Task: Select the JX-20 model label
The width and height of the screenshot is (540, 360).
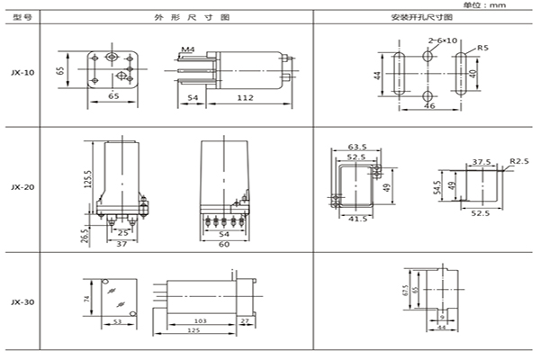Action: (x=23, y=187)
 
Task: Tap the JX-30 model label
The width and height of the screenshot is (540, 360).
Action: (x=23, y=302)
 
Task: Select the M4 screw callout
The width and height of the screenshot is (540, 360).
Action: (x=186, y=47)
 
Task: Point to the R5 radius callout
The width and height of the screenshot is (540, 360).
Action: (x=483, y=47)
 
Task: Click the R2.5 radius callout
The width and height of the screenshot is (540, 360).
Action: (x=518, y=161)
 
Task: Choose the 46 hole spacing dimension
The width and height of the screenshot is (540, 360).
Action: (x=430, y=106)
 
